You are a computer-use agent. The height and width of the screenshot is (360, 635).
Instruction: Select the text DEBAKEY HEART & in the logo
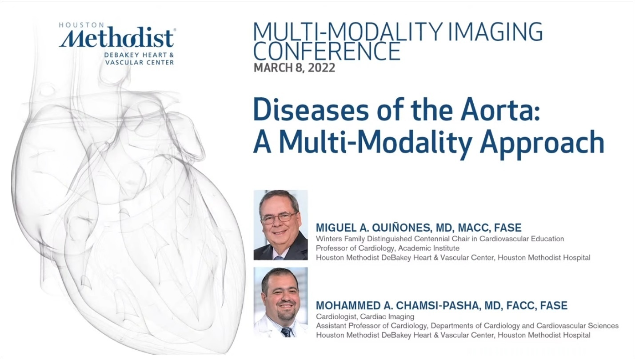(x=139, y=55)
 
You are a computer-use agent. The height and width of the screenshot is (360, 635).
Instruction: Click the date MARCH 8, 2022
(x=294, y=68)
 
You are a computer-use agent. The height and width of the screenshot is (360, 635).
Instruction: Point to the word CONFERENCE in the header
(x=327, y=51)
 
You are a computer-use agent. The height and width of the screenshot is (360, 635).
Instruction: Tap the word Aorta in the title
(x=500, y=109)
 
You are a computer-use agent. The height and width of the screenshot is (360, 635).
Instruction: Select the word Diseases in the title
(x=311, y=109)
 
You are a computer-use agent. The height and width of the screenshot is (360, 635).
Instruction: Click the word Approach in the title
(x=542, y=143)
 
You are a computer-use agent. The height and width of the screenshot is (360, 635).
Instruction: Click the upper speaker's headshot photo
(x=280, y=225)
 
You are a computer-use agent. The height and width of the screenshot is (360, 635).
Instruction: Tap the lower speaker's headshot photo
(x=280, y=302)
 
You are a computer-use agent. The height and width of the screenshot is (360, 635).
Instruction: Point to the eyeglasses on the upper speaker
(x=279, y=218)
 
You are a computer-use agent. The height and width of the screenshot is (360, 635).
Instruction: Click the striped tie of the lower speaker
(x=286, y=332)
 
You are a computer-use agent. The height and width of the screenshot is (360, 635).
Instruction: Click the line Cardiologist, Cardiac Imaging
(x=365, y=316)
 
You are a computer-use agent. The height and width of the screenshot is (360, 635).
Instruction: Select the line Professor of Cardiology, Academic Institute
(x=387, y=248)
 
